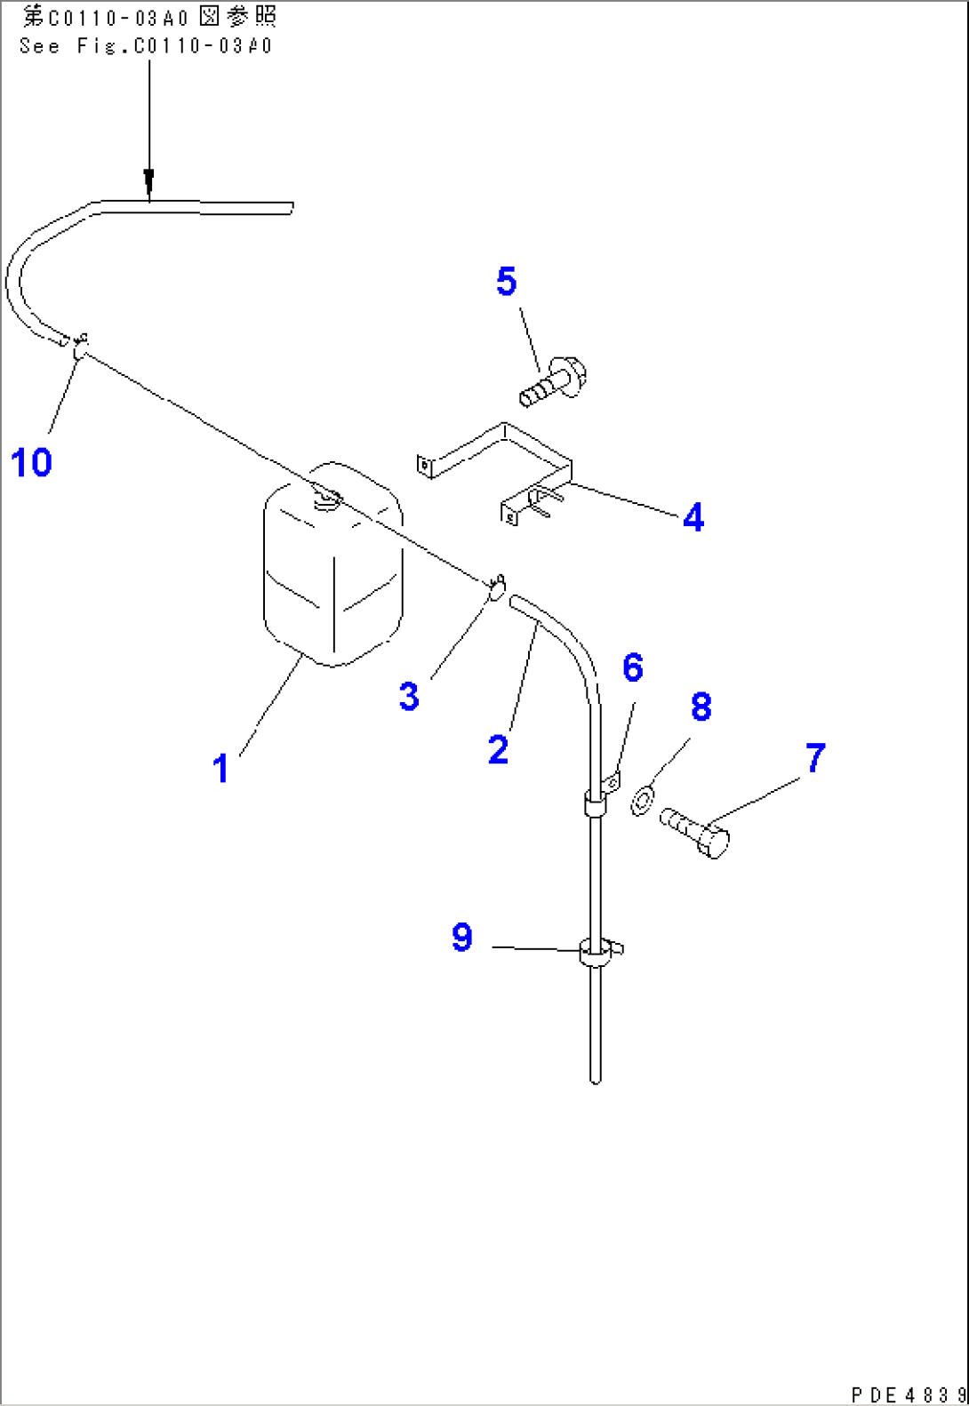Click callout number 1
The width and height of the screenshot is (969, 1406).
[220, 769]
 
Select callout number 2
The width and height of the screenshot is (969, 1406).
[498, 750]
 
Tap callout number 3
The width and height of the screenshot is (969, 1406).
[408, 697]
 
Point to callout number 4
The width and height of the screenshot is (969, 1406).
[693, 517]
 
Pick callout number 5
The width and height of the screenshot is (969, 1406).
[506, 282]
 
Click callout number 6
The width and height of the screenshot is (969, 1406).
[632, 668]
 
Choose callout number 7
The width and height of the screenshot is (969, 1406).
[815, 758]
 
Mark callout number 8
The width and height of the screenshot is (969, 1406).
[701, 707]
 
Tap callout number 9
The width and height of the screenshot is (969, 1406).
[461, 938]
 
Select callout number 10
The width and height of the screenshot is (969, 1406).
[31, 463]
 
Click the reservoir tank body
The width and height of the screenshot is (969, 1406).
[333, 569]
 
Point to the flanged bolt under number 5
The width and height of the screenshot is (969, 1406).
[551, 382]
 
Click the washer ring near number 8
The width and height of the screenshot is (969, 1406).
[642, 799]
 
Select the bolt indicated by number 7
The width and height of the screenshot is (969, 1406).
[695, 831]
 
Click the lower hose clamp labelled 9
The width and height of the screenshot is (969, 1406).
[595, 952]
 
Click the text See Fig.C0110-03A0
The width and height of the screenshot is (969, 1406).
[147, 46]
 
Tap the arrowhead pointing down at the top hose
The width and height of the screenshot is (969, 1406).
[149, 182]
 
